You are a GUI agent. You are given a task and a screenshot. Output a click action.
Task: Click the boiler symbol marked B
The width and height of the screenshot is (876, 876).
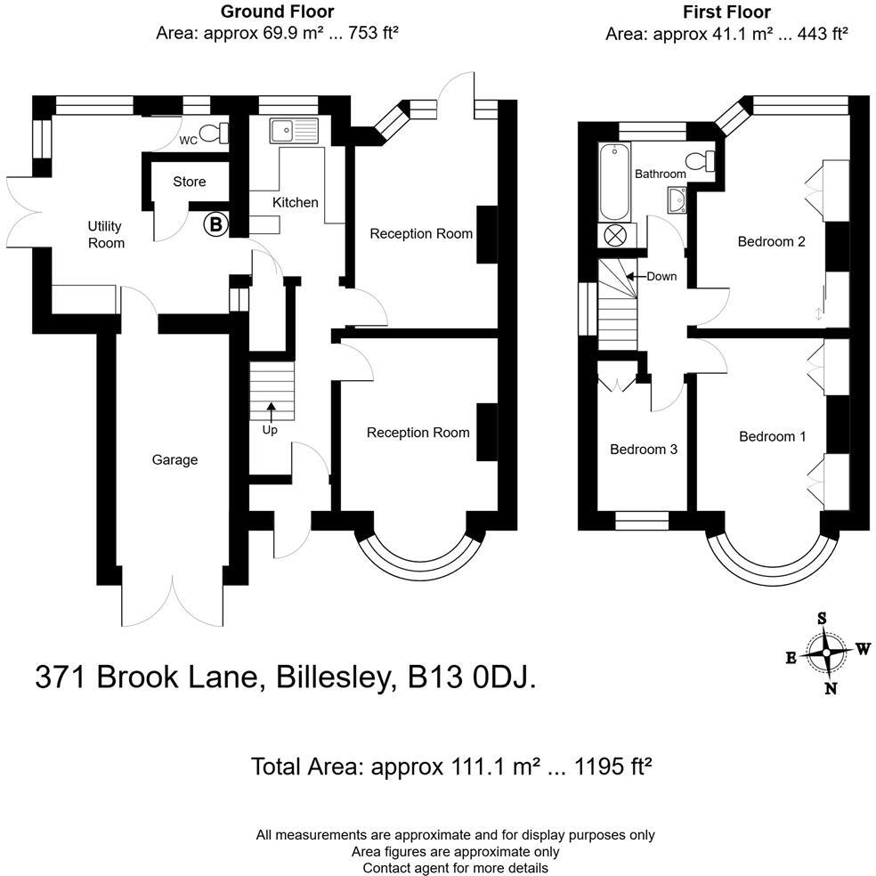click(x=215, y=225)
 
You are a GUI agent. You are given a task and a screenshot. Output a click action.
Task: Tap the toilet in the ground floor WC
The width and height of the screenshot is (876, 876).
click(x=214, y=134)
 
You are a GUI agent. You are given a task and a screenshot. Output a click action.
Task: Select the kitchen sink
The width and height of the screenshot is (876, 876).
click(x=293, y=130)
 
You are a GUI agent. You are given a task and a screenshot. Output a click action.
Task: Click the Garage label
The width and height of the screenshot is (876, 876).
click(x=174, y=460)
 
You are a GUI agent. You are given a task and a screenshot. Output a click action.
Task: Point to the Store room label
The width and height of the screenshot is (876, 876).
click(x=189, y=182)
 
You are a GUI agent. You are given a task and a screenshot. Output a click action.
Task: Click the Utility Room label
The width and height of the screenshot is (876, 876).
click(x=105, y=235)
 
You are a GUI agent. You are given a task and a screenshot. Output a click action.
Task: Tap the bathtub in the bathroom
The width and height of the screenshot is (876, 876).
click(x=614, y=182)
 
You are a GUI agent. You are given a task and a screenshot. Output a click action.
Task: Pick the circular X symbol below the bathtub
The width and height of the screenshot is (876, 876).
click(x=615, y=236)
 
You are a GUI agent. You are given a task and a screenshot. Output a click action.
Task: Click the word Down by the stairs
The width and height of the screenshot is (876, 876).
click(x=661, y=276)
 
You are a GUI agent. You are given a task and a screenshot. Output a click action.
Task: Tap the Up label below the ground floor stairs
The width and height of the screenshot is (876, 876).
click(x=270, y=429)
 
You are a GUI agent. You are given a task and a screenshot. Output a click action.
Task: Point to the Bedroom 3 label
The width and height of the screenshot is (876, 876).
click(x=644, y=450)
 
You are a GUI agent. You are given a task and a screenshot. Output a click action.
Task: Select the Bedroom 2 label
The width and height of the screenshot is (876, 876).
click(x=772, y=241)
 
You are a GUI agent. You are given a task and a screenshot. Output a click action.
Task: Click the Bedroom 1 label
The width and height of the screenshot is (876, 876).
click(x=772, y=436)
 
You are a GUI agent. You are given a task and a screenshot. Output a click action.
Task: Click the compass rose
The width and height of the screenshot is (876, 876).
click(x=827, y=653)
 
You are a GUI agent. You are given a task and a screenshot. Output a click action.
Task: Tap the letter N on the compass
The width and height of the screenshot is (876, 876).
click(x=831, y=687)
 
